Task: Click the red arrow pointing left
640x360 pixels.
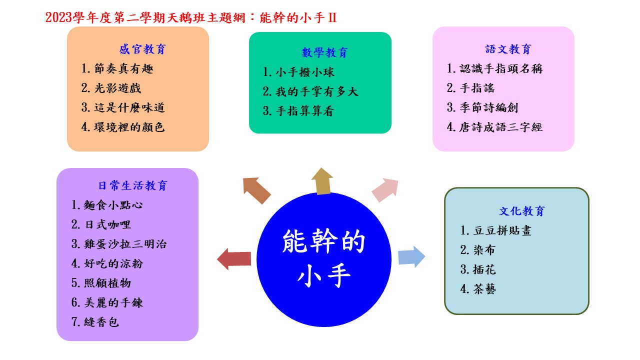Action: pos(234,259)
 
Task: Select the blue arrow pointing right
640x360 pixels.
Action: pos(411,256)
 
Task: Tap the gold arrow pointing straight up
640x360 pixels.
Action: pos(322,181)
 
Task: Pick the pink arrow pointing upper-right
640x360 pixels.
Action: pos(385,189)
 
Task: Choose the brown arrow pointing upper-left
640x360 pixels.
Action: pos(256,190)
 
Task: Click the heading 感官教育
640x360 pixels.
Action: pos(142,49)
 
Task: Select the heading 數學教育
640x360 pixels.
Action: pos(324,52)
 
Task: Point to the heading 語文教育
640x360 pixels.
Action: pos(508,49)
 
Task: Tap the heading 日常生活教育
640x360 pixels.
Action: pos(133,185)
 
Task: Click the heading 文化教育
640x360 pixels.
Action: pos(521,211)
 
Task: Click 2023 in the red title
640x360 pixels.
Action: pos(58,17)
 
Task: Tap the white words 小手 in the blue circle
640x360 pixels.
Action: pos(324,275)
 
